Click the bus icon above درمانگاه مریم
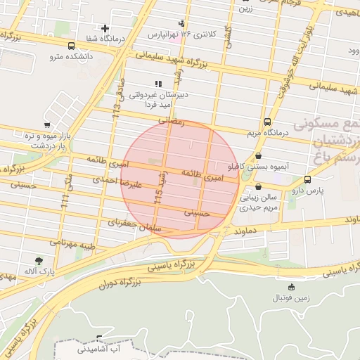(x=268, y=121)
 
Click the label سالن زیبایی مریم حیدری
(x=259, y=203)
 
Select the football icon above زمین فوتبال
(x=291, y=287)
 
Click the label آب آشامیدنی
(x=108, y=347)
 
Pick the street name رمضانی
(x=170, y=122)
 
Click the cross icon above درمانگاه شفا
(x=105, y=29)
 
